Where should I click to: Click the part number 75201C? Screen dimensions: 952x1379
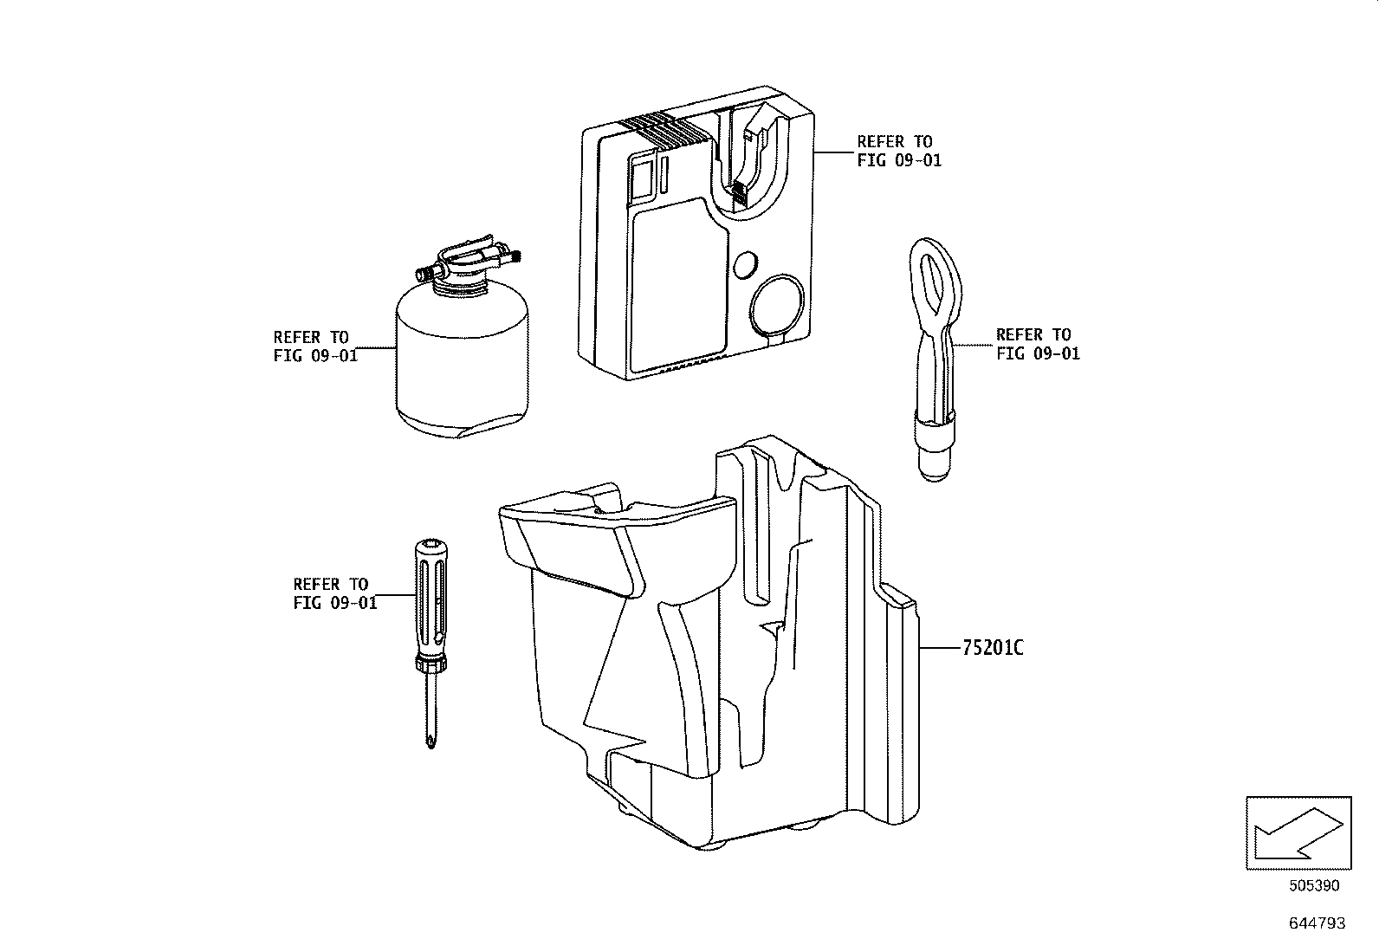993,647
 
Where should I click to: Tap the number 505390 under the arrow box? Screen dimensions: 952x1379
1313,886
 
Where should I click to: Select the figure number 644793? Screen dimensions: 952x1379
1317,923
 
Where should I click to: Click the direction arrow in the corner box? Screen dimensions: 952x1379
1297,832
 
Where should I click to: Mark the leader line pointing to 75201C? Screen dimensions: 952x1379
939,647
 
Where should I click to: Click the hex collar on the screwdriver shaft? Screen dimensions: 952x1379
431,664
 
